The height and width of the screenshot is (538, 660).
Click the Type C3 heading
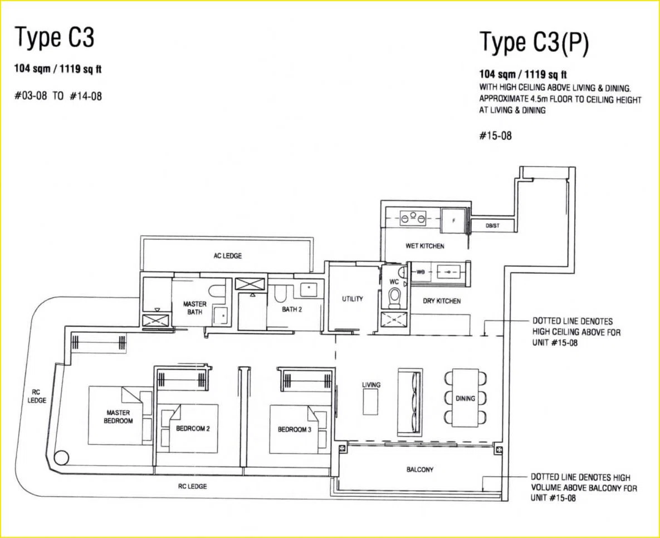(55, 37)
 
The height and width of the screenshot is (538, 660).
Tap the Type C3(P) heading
(534, 43)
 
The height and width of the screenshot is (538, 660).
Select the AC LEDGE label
(227, 256)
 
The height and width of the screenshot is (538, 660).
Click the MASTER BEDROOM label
(118, 416)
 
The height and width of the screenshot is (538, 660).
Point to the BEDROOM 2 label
(193, 429)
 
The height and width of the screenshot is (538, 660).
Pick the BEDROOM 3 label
(295, 430)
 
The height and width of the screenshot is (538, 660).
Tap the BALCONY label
(419, 469)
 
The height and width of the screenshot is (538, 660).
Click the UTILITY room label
(353, 299)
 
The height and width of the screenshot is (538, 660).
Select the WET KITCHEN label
(425, 246)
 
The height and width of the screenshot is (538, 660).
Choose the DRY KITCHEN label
(442, 301)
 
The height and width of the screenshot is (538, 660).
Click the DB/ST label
(492, 226)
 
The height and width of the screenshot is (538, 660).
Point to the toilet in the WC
(394, 298)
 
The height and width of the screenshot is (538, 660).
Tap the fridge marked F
(454, 220)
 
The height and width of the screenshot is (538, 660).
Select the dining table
(465, 398)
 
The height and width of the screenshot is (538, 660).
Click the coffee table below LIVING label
(371, 402)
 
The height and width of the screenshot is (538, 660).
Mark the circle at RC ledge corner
(62, 457)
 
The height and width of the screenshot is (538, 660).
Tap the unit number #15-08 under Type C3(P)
(496, 135)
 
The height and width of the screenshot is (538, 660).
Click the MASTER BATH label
(194, 308)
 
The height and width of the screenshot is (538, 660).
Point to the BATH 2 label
(292, 309)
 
